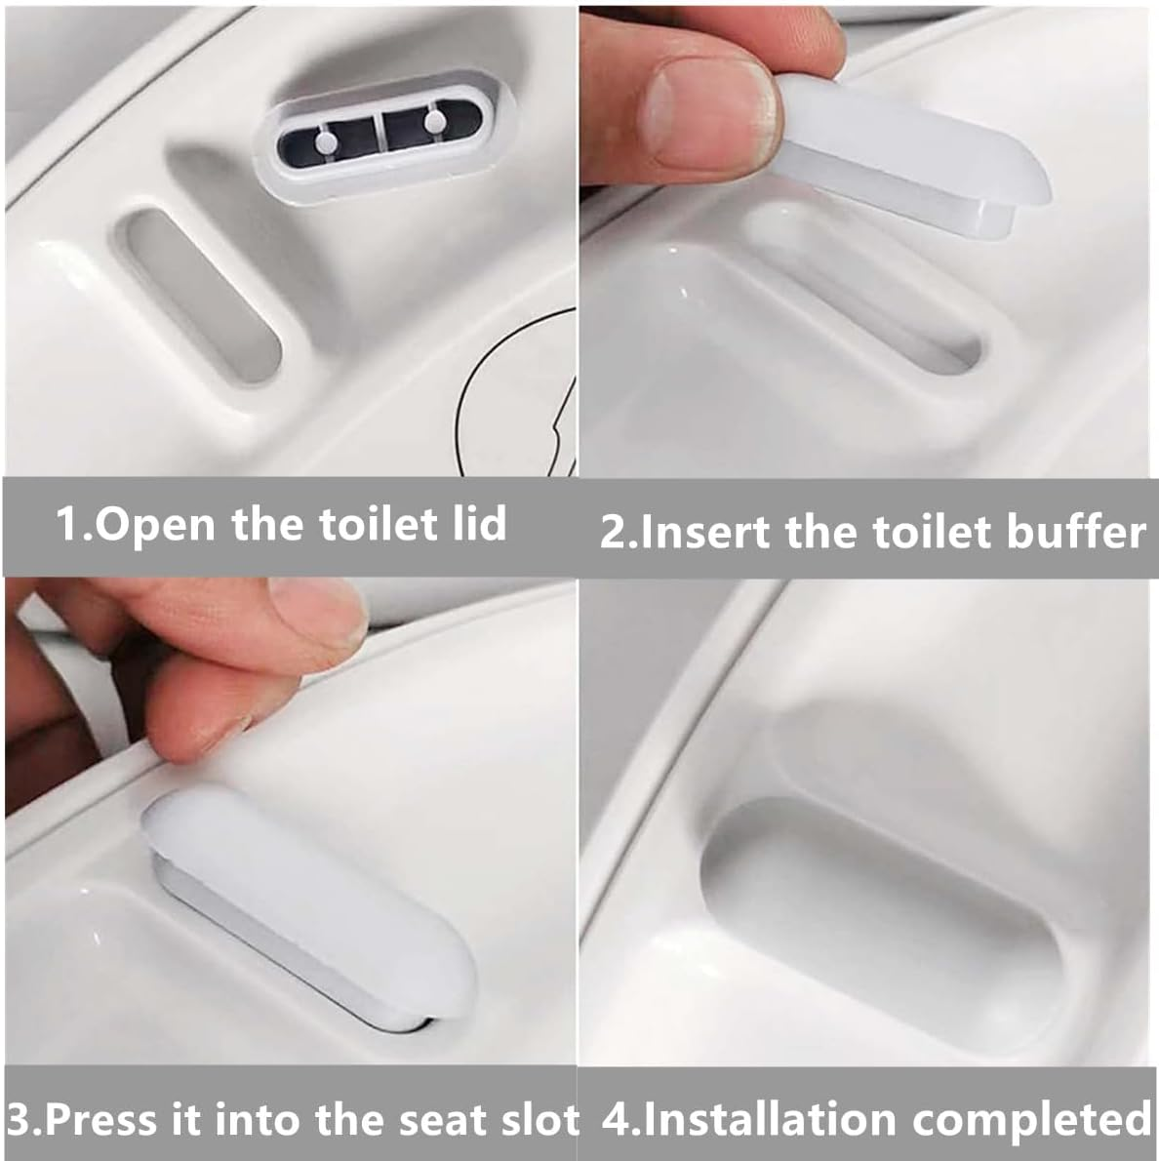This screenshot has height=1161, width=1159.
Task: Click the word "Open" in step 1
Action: point(157,525)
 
